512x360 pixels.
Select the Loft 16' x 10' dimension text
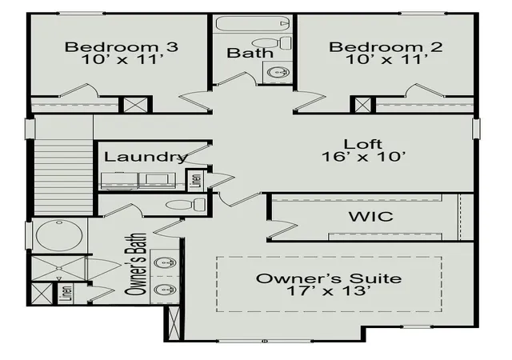364,157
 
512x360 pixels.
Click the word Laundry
146,157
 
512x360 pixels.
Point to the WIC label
371,217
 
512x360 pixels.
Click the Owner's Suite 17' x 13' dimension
329,290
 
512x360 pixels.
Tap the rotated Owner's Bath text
135,265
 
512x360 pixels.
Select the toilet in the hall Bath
272,42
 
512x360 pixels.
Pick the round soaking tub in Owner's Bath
59,235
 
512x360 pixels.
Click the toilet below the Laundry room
186,205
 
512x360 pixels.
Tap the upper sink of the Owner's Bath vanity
165,262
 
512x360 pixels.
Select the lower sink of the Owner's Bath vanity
165,290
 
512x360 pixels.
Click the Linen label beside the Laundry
197,179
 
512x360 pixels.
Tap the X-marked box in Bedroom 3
135,105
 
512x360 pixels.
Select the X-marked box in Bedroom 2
362,105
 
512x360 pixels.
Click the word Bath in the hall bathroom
250,53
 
